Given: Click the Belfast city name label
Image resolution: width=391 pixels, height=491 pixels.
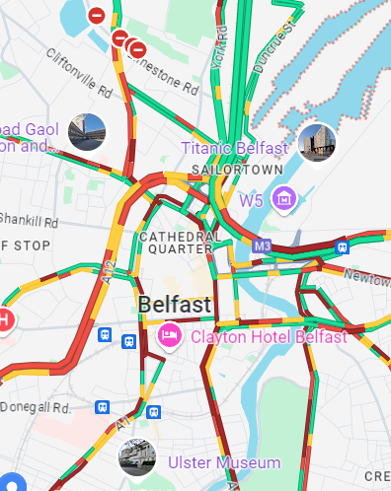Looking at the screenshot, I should click(x=175, y=305).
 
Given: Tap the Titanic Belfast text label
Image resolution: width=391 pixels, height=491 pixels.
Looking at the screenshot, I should click(x=235, y=148).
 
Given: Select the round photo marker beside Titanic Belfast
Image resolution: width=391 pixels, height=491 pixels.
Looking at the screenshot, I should click(x=317, y=144).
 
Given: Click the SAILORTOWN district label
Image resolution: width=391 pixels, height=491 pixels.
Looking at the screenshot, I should click(x=230, y=170).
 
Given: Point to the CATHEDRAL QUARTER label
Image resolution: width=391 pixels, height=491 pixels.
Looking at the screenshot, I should click(x=180, y=243).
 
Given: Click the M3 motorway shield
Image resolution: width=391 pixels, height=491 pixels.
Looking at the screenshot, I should click(x=262, y=245).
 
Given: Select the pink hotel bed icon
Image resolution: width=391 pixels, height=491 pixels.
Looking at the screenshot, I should click(x=170, y=336).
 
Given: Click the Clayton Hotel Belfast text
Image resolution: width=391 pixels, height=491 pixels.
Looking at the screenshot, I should click(x=269, y=337).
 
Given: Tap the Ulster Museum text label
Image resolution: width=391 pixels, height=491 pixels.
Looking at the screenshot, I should click(x=225, y=462).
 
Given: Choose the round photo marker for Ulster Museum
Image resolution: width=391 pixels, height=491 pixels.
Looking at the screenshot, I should click(x=137, y=456).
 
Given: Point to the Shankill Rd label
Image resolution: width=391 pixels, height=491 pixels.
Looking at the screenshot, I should click(x=30, y=221).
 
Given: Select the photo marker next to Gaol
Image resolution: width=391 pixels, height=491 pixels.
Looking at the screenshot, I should click(x=87, y=131).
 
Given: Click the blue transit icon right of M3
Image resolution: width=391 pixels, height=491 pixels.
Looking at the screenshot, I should click(x=342, y=246).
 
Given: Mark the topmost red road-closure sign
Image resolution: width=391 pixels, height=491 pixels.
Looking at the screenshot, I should click(x=97, y=15).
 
